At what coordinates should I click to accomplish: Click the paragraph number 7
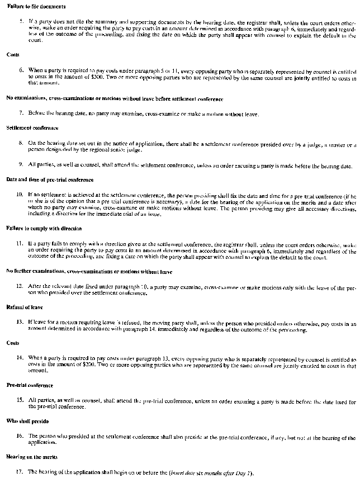[x=21, y=113]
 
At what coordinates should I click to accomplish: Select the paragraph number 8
[x=21, y=143]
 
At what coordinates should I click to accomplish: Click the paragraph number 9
[x=21, y=165]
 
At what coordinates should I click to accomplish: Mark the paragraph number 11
[x=20, y=244]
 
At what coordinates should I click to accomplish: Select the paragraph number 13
[x=20, y=323]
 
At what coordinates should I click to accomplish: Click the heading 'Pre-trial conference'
[x=30, y=386]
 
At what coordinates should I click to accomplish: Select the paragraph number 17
[x=20, y=472]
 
